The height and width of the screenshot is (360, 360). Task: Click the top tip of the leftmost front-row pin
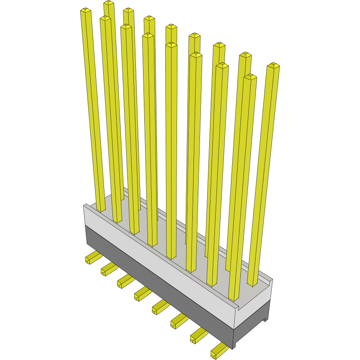tap(85, 10)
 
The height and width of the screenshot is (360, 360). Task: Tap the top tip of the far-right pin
tap(273, 66)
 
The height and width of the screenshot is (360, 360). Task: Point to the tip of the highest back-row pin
tap(108, 3)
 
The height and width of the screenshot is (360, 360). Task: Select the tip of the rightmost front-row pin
tap(250, 77)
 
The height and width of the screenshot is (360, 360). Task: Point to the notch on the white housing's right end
tap(238, 309)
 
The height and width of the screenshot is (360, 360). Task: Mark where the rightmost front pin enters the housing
tap(234, 299)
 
